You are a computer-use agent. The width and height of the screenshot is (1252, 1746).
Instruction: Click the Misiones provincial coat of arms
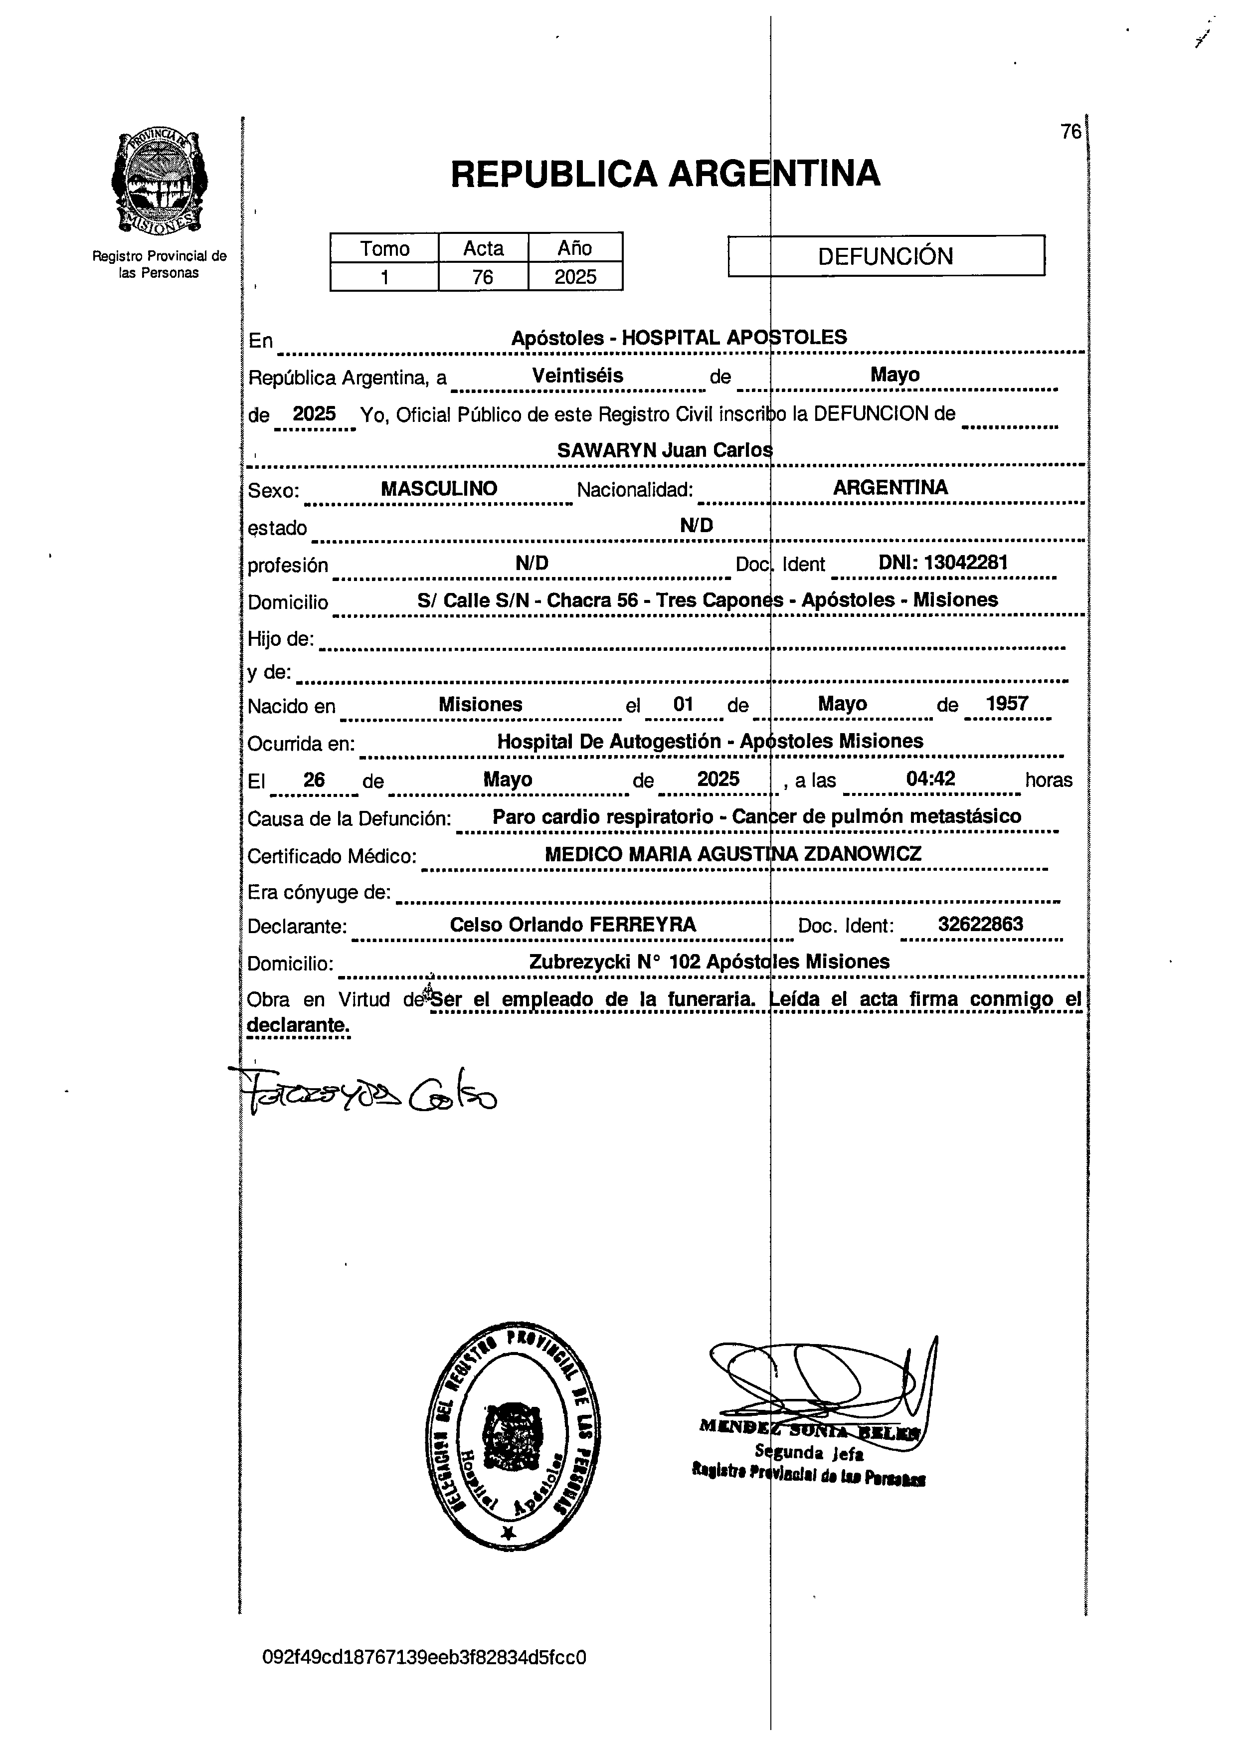(159, 183)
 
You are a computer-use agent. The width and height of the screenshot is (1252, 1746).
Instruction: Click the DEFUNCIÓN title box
(886, 255)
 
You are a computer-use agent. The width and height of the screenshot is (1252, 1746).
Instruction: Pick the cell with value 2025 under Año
(575, 276)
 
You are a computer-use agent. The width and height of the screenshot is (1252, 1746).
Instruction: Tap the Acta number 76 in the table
(483, 276)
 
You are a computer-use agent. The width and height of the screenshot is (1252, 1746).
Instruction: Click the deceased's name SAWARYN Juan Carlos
(664, 449)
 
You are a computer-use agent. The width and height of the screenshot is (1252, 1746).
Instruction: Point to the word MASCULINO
(439, 488)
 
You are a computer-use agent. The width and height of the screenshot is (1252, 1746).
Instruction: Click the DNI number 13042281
(943, 563)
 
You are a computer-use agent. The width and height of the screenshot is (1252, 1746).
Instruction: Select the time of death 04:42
(930, 778)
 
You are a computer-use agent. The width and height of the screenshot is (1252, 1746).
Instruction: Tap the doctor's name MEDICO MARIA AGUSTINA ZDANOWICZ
(732, 853)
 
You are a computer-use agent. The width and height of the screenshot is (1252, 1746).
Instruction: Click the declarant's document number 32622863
(980, 924)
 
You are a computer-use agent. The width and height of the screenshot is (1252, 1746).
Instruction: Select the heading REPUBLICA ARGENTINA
(665, 173)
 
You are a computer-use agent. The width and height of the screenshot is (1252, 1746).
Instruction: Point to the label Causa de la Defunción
(349, 818)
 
